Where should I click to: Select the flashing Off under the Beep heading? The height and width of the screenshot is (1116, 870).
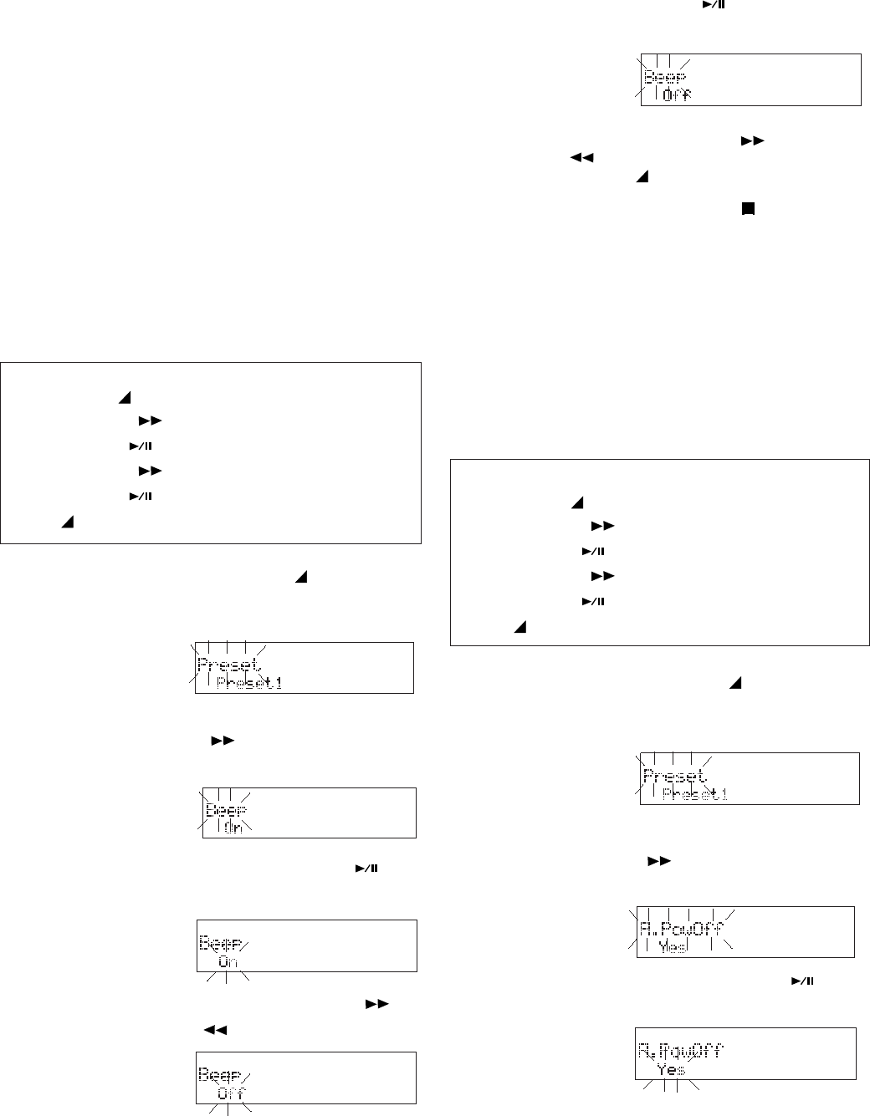tap(232, 1093)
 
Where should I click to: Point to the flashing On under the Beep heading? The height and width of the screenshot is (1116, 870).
tap(228, 961)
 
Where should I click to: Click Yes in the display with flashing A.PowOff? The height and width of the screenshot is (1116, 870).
tap(672, 948)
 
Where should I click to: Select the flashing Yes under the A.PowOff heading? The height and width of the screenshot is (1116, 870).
tap(671, 1069)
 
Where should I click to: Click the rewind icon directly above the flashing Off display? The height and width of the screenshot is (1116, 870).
tap(215, 1030)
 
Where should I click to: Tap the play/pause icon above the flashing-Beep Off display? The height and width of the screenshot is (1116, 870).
tap(707, 7)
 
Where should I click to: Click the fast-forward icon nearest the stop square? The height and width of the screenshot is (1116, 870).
tap(753, 141)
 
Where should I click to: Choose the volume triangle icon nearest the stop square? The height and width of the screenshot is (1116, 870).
tap(642, 177)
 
